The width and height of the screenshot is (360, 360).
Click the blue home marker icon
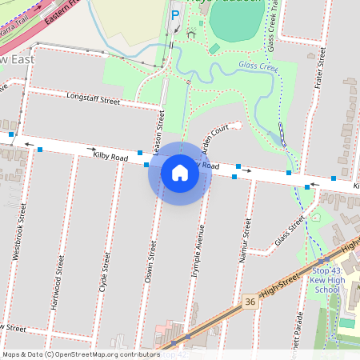tap(180, 173)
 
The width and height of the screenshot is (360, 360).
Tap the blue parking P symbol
tap(175, 14)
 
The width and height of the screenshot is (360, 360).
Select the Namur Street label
tap(246, 233)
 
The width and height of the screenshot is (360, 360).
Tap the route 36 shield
tap(250, 302)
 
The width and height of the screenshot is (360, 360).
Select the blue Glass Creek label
tap(258, 66)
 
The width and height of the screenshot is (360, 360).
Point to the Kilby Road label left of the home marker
tap(110, 158)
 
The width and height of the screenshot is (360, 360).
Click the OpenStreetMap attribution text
tap(80, 354)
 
